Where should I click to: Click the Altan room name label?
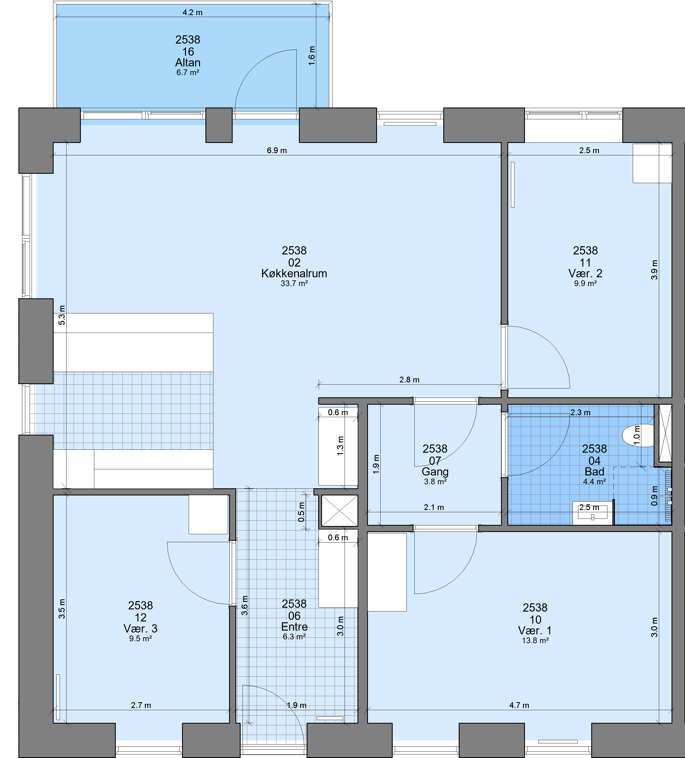(188, 62)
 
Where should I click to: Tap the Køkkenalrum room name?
(294, 273)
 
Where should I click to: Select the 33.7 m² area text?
(294, 283)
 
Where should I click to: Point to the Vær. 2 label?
(585, 273)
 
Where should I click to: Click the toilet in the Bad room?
(638, 435)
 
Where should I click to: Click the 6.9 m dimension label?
(277, 150)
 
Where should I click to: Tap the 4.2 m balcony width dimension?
(192, 12)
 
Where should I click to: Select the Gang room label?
(435, 472)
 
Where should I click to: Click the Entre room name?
(294, 627)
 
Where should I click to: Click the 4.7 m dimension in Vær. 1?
(519, 705)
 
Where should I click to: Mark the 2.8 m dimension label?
(409, 380)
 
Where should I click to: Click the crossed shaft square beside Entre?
(339, 511)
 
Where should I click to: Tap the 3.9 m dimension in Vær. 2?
(654, 270)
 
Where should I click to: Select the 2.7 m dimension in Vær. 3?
(141, 705)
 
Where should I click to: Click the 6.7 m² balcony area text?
(188, 73)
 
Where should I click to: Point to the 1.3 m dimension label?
(340, 446)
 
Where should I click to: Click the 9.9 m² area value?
(585, 283)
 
